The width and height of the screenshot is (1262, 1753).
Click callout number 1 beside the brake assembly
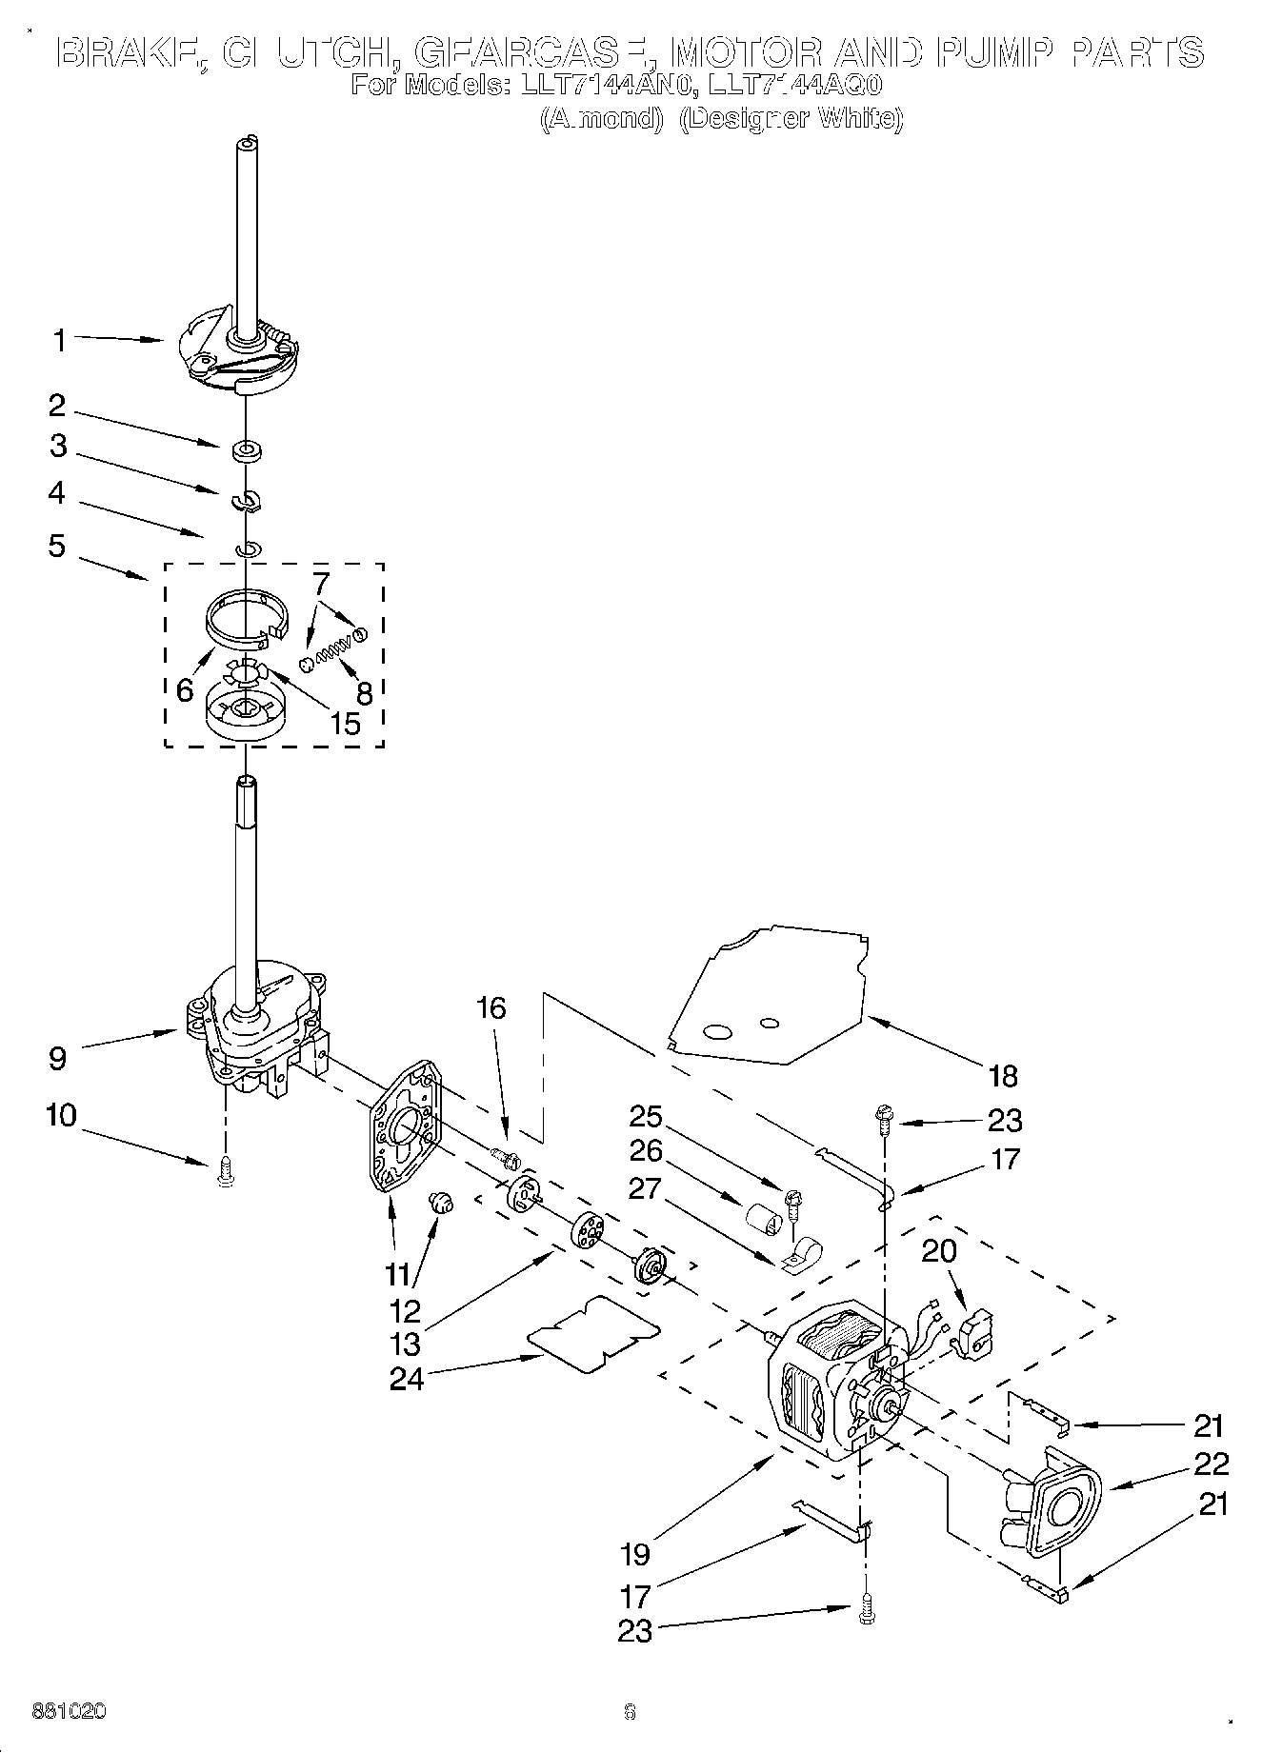[60, 340]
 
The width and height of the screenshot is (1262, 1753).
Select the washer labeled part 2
[246, 449]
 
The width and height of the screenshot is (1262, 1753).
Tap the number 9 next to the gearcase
[57, 1057]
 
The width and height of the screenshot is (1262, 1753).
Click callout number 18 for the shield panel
[1003, 1076]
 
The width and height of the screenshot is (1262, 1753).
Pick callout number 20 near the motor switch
[939, 1250]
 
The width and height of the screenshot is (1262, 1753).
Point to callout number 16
[491, 1007]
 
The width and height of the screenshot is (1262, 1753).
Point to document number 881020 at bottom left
[69, 1711]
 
